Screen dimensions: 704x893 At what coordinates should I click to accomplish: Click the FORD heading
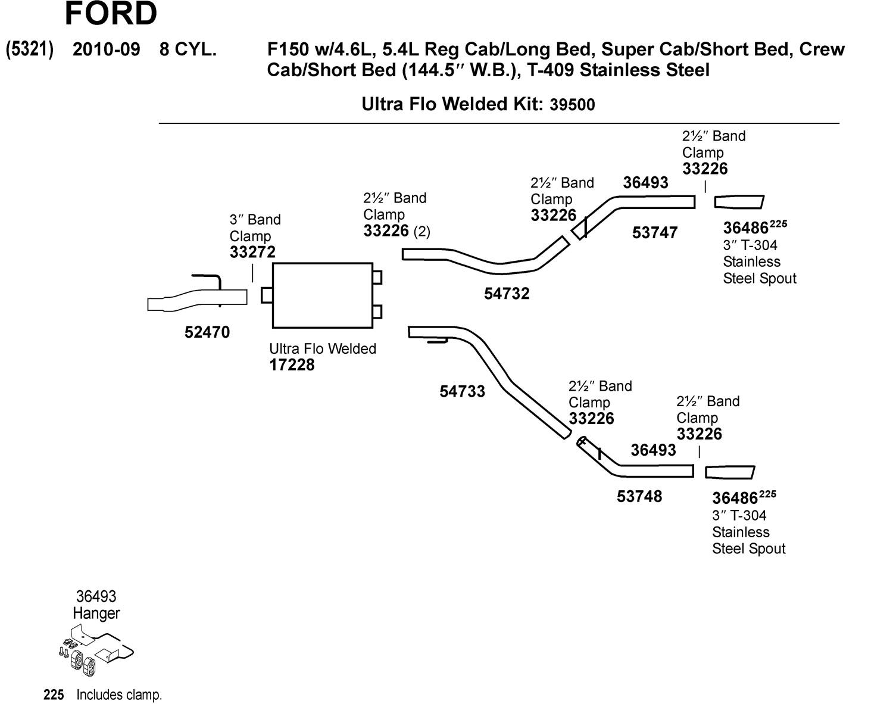click(111, 14)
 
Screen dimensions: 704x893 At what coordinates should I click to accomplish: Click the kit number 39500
click(572, 105)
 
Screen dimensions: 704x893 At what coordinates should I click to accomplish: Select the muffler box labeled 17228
click(322, 295)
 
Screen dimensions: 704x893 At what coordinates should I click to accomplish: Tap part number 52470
click(207, 332)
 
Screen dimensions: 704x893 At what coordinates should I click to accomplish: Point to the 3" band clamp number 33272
click(252, 252)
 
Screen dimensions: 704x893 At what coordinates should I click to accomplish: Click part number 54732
click(507, 294)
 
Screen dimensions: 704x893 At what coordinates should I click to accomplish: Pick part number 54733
click(462, 391)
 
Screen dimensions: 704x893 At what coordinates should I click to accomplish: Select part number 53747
click(655, 233)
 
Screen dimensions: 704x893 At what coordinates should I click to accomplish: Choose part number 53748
click(639, 497)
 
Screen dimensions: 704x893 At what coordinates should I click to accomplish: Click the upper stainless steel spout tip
click(739, 202)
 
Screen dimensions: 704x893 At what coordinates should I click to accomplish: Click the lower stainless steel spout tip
click(730, 472)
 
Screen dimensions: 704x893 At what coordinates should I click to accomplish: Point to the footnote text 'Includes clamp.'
click(119, 695)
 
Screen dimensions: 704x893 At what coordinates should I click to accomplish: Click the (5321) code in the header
click(30, 49)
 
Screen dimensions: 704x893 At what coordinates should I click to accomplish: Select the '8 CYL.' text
click(188, 49)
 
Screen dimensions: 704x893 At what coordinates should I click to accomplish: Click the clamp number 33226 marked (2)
click(386, 231)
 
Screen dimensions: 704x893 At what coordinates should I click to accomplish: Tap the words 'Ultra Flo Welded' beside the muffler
click(323, 348)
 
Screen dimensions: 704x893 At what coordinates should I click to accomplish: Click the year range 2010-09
click(106, 49)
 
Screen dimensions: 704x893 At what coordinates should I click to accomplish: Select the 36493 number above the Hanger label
click(96, 596)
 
